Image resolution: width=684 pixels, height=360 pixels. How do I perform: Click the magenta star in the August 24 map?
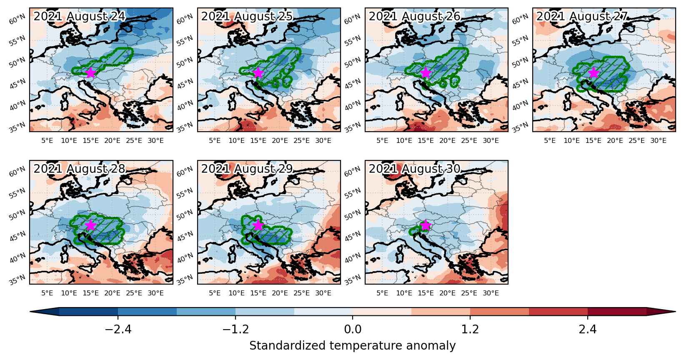tap(90, 72)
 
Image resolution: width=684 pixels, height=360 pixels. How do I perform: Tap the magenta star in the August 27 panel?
tap(594, 72)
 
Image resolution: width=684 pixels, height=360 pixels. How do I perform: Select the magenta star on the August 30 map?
tap(426, 225)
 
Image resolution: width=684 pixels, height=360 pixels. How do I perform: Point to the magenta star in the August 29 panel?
tap(258, 225)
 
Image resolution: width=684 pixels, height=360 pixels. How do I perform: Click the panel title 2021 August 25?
tap(247, 16)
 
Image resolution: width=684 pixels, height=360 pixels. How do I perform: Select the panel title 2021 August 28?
tap(79, 169)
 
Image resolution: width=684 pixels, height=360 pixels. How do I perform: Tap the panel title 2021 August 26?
tap(414, 16)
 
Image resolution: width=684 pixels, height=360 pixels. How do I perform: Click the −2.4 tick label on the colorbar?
tap(118, 329)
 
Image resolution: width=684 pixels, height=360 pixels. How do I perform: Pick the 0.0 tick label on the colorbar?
tap(353, 329)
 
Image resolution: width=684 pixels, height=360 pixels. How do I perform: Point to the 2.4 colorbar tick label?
tap(588, 329)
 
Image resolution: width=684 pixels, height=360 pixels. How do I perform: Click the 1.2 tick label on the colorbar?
tap(470, 329)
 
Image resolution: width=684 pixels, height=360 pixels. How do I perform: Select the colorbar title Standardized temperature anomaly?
tap(352, 346)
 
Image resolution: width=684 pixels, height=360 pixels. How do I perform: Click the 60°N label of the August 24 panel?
tap(17, 19)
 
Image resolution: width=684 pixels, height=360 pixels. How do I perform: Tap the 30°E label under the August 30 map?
tap(491, 293)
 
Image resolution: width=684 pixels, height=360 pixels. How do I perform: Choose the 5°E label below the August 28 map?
tap(47, 293)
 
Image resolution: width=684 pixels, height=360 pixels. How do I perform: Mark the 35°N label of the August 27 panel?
tap(520, 127)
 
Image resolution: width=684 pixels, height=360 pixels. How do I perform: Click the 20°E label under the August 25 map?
tap(280, 141)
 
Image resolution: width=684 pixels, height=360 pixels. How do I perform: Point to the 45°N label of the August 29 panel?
tap(185, 236)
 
